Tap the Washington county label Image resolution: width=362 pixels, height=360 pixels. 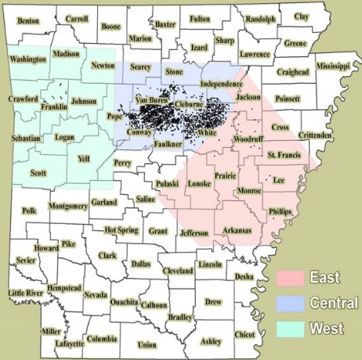pyautogui.click(x=28, y=59)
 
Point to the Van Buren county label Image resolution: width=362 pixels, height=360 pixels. pyautogui.click(x=152, y=100)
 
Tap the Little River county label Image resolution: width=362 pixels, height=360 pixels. pyautogui.click(x=26, y=293)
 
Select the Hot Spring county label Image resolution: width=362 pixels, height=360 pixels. pyautogui.click(x=121, y=230)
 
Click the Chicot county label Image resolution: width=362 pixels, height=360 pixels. pyautogui.click(x=245, y=334)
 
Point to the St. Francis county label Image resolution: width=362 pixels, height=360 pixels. pyautogui.click(x=283, y=156)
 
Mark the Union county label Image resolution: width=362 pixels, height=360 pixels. pyautogui.click(x=147, y=344)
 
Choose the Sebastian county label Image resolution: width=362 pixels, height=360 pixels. pyautogui.click(x=25, y=138)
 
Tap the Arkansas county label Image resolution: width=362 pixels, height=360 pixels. pyautogui.click(x=237, y=230)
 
